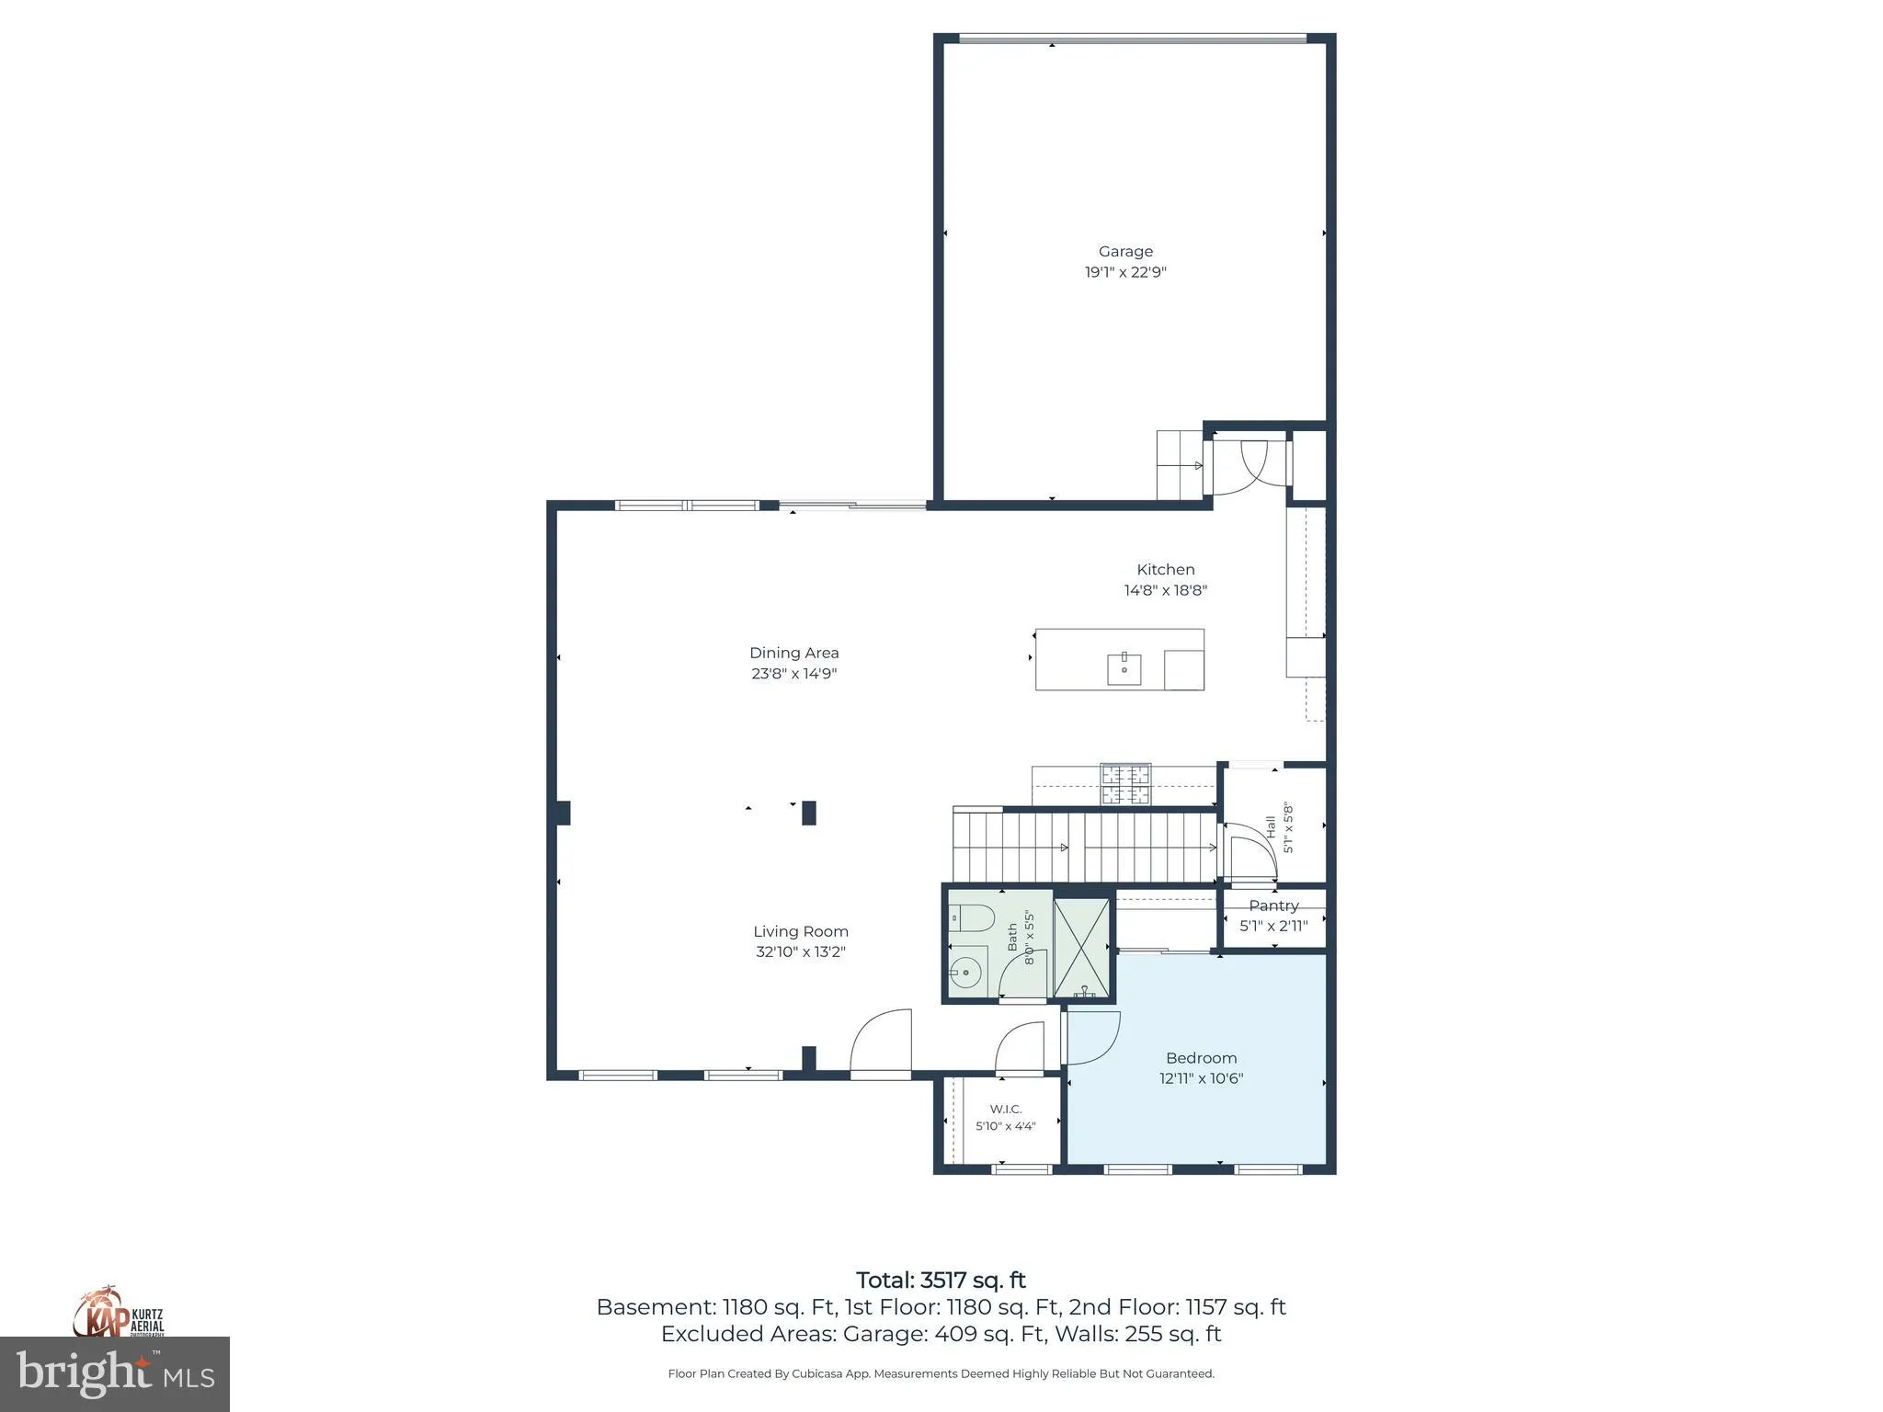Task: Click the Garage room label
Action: click(1125, 251)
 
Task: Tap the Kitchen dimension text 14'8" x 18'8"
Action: click(1165, 590)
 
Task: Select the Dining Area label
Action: click(793, 653)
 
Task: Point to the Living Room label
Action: click(801, 931)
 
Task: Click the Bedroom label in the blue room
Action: click(1201, 1058)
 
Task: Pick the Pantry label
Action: click(1273, 905)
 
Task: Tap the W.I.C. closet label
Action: click(1006, 1109)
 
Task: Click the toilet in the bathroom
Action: click(972, 917)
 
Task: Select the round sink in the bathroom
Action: click(966, 969)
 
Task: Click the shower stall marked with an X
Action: click(1082, 948)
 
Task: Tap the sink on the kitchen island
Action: click(1124, 669)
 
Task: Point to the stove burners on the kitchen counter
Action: click(1125, 784)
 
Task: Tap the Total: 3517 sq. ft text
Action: click(941, 1280)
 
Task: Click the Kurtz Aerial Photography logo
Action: click(119, 1312)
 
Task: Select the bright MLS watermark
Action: click(115, 1374)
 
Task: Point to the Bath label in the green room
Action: click(1012, 937)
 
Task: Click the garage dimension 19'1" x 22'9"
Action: click(1125, 272)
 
